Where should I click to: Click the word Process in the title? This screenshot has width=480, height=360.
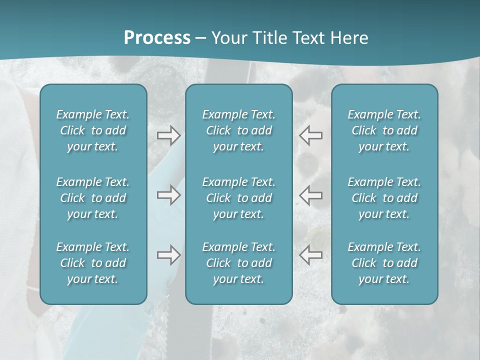pyautogui.click(x=157, y=37)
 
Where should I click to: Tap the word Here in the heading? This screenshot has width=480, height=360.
pyautogui.click(x=348, y=38)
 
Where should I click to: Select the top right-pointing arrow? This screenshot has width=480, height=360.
pyautogui.click(x=168, y=135)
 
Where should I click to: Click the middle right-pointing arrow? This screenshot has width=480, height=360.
pyautogui.click(x=168, y=195)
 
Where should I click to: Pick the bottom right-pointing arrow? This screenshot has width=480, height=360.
pyautogui.click(x=168, y=255)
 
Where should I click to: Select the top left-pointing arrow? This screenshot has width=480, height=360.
pyautogui.click(x=311, y=135)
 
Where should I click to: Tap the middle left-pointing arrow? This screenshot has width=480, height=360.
pyautogui.click(x=311, y=195)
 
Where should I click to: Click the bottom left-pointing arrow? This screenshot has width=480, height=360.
pyautogui.click(x=311, y=255)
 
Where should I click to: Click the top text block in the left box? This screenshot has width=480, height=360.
pyautogui.click(x=93, y=130)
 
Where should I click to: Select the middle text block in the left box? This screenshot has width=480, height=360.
pyautogui.click(x=93, y=198)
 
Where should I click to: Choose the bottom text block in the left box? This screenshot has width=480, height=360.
pyautogui.click(x=93, y=263)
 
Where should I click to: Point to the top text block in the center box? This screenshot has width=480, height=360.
pyautogui.click(x=239, y=130)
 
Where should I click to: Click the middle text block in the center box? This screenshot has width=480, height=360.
pyautogui.click(x=239, y=198)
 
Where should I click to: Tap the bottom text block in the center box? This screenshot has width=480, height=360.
pyautogui.click(x=239, y=263)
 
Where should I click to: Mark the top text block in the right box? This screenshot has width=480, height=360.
pyautogui.click(x=384, y=130)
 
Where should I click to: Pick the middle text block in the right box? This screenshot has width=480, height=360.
pyautogui.click(x=384, y=198)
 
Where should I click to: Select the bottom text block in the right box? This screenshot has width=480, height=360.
pyautogui.click(x=384, y=263)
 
